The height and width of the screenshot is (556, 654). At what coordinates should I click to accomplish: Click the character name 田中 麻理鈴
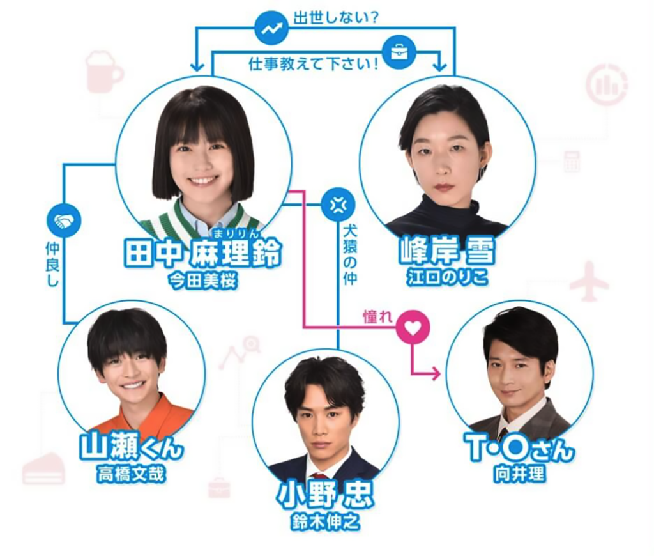coord(203,253)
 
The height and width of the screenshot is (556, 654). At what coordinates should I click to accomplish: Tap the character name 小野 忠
coord(326,495)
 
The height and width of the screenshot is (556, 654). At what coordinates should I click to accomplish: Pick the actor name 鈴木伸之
coord(326,521)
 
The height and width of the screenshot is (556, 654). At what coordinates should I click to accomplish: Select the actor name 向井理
coord(520,474)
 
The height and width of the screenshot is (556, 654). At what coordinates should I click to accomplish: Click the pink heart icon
coord(413,327)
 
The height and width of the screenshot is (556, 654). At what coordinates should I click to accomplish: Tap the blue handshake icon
coord(64,220)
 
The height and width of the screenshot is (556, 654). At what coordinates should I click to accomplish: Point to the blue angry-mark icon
coord(338,205)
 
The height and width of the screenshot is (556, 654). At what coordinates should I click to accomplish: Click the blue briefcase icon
coord(400,52)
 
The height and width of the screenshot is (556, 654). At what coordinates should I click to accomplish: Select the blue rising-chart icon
coord(271,28)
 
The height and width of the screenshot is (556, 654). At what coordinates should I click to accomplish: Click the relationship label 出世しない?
coord(336,18)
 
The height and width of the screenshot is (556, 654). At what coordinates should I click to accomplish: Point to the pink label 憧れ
coord(378,318)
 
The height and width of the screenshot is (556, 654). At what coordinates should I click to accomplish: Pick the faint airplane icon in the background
coord(589,281)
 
